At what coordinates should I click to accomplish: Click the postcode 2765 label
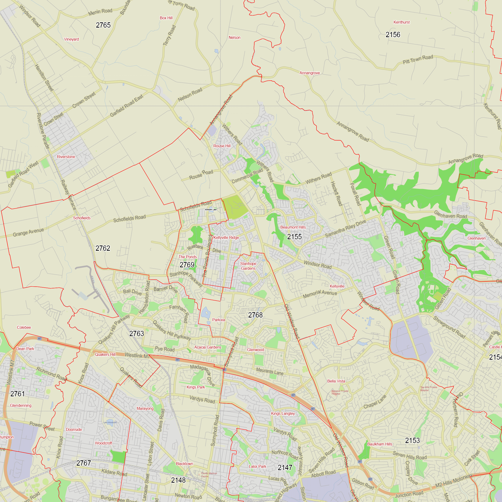tap(103, 25)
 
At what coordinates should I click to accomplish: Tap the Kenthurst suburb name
tap(401, 22)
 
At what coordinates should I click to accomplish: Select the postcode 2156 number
tap(393, 35)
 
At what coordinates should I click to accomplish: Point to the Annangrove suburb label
tap(309, 73)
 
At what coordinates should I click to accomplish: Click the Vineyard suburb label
tap(72, 39)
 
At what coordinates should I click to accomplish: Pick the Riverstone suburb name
tap(66, 157)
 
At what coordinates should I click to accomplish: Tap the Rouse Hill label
tap(222, 146)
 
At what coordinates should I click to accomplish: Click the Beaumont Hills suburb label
tap(293, 227)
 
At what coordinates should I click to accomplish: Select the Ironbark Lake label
tap(211, 210)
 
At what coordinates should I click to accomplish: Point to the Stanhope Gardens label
tap(248, 266)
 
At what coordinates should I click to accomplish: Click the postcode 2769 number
tap(187, 265)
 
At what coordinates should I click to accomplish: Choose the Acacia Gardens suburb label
tap(208, 347)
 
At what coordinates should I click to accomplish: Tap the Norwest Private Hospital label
tap(340, 392)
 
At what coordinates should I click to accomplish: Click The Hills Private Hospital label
tap(428, 389)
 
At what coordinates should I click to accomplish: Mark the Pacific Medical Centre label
tap(209, 475)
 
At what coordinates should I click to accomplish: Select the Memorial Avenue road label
tap(320, 294)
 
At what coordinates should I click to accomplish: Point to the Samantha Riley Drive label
tap(345, 229)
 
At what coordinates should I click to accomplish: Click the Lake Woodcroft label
tap(110, 422)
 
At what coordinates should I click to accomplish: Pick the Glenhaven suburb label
tap(477, 238)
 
